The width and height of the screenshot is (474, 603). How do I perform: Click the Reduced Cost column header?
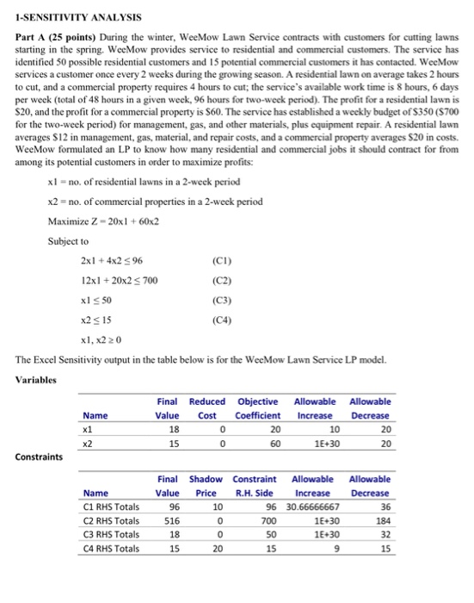(x=206, y=408)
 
